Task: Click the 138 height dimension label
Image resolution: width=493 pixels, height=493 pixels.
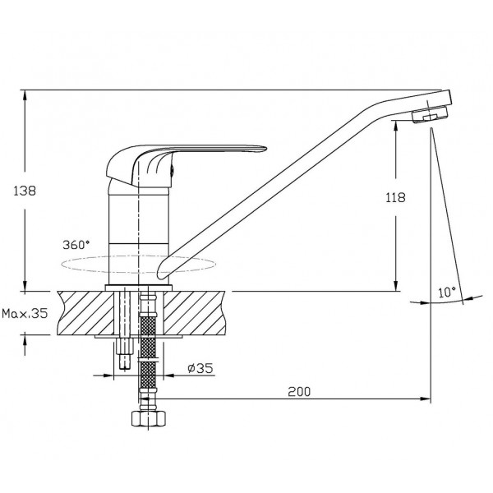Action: (25, 191)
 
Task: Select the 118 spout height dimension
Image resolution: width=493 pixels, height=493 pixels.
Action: (395, 197)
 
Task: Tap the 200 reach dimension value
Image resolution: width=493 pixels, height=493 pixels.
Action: (299, 392)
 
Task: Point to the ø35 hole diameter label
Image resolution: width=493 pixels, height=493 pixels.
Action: (200, 368)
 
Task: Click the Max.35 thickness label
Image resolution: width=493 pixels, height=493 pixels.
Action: (25, 313)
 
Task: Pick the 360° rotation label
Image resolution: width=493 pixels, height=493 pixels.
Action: (76, 245)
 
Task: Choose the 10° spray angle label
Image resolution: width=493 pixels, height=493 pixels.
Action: (447, 293)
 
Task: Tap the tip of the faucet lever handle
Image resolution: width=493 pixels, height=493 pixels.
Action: (265, 149)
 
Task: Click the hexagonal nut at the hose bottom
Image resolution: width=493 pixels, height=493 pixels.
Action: (148, 419)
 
